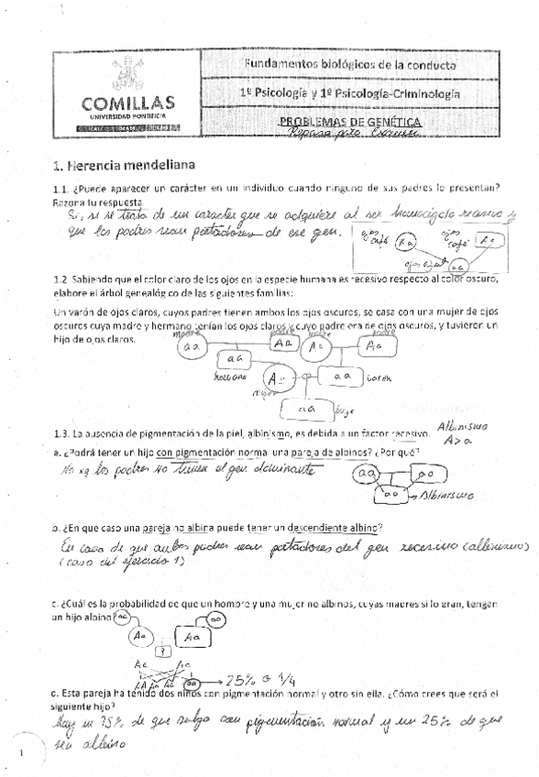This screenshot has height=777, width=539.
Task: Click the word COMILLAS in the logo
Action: click(127, 103)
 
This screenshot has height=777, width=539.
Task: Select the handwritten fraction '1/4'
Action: click(291, 679)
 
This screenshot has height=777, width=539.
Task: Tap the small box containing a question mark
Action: click(163, 651)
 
